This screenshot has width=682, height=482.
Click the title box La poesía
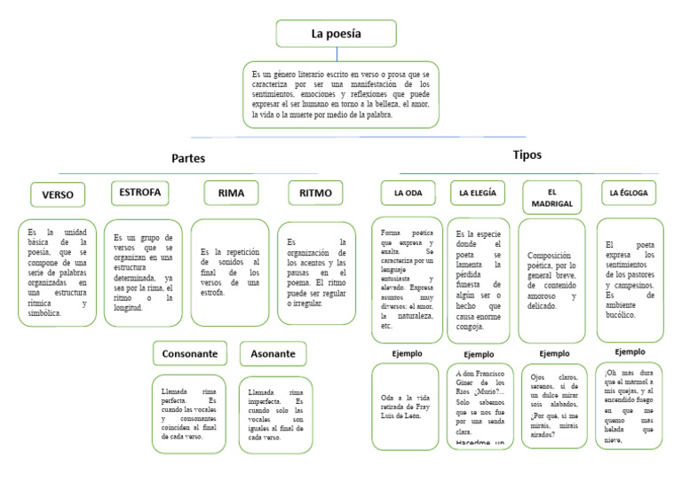336,34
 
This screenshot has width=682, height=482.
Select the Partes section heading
188,158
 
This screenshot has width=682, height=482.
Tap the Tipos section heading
527,154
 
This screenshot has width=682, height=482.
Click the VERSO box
58,194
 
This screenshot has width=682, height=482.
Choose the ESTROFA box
140,193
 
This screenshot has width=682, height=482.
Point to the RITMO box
315,193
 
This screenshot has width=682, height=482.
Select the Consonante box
189,353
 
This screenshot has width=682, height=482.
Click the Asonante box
273,353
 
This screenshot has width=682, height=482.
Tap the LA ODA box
408,193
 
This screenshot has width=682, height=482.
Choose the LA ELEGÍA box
478,193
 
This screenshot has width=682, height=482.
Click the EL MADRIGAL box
551,197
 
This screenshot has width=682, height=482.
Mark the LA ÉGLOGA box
629,193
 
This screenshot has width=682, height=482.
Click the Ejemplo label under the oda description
407,353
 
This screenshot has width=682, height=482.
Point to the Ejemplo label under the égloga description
630,352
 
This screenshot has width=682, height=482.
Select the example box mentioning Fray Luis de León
405,406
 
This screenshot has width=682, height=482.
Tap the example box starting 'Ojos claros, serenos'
554,406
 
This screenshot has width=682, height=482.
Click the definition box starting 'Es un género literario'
340,94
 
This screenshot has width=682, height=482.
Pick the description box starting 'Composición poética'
551,280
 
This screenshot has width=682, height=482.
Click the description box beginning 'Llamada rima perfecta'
189,414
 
